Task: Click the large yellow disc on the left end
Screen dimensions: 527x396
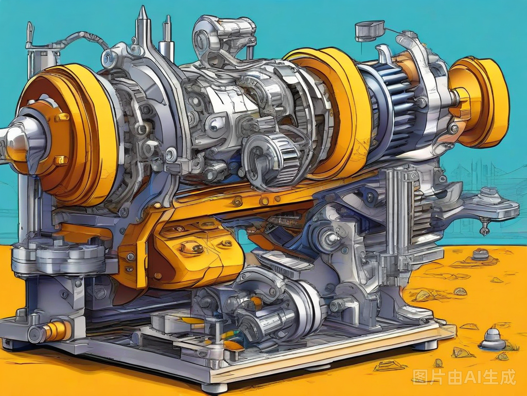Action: [67, 135]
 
